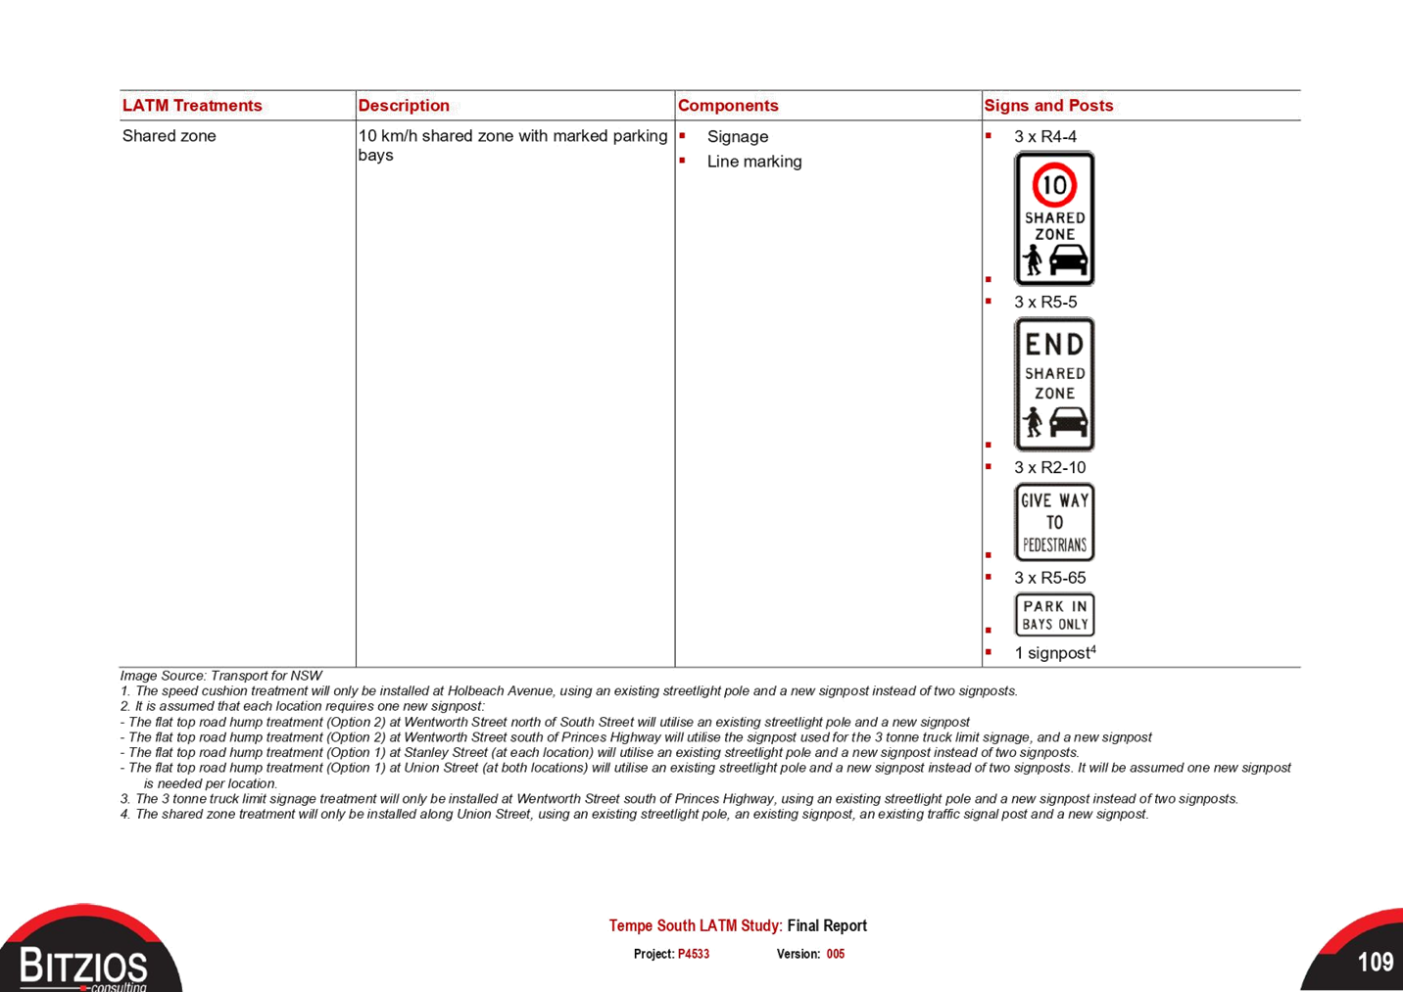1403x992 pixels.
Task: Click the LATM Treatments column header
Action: pos(192,105)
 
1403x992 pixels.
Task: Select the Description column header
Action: pos(404,105)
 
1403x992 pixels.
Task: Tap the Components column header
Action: pos(728,105)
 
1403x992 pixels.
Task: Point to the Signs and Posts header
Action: pos(1048,105)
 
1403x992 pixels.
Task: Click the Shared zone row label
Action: pos(169,136)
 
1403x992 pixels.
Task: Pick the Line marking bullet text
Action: pos(754,162)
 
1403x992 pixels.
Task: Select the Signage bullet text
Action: pos(737,136)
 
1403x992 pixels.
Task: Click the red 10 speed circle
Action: pos(1055,185)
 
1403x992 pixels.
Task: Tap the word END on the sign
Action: pos(1055,345)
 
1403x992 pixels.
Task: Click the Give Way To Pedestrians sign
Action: pos(1055,522)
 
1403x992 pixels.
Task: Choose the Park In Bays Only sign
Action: pos(1055,615)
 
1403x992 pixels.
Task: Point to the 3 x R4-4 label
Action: pos(1045,136)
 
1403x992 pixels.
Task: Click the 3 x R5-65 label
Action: pos(1049,578)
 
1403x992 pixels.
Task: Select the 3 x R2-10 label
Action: pos(1049,467)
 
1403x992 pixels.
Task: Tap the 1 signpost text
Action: pos(1055,653)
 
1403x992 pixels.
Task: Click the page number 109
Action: pos(1376,962)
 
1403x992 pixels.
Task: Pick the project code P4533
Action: pos(694,954)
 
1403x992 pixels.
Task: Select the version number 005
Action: pos(836,954)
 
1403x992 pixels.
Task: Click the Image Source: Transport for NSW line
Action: pos(221,676)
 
